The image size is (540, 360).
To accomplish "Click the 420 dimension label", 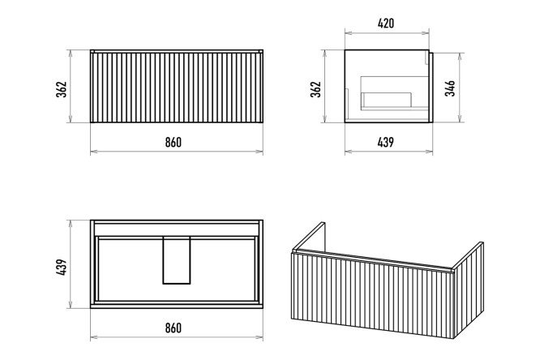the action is tap(386, 24).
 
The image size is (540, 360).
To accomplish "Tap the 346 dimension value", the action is tap(450, 88).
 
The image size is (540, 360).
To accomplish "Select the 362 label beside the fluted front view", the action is tap(62, 89).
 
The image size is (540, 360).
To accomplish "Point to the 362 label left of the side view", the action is tap(315, 89).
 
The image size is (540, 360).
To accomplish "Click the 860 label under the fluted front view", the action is tap(174, 142).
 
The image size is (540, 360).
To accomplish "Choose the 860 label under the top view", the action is tap(174, 328).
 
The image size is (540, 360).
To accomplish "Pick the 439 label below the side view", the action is tap(385, 142).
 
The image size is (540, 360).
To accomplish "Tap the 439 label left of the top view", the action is tap(62, 267).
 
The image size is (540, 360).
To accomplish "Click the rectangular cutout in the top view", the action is tap(177, 260).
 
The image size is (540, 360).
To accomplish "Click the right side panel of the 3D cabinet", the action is tap(469, 290).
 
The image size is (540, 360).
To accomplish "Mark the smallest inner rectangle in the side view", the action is tap(387, 100).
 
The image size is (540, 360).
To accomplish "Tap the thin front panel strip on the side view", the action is tap(431, 88).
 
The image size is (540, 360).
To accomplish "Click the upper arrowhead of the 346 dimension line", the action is tap(460, 56).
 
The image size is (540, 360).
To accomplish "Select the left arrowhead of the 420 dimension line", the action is tap(348, 33).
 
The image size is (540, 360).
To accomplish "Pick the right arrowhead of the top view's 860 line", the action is tap(259, 337).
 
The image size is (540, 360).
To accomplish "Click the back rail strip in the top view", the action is tap(177, 229).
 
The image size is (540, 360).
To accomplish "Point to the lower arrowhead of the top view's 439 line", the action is tap(71, 305).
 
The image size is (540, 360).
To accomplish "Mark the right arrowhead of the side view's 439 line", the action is tap(430, 152).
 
